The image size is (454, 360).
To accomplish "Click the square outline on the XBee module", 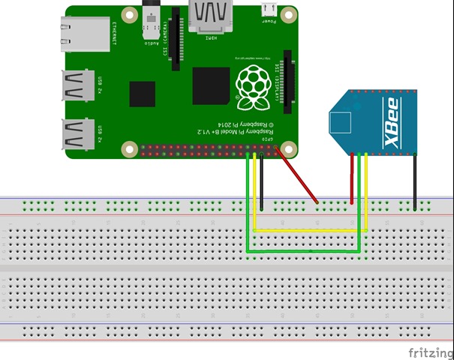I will [x=342, y=121].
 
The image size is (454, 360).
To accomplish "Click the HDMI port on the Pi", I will [x=212, y=17].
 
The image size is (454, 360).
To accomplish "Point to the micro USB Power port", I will [x=268, y=10].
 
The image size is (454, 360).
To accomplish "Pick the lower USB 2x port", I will [x=77, y=133].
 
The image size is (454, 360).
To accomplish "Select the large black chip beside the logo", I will [x=211, y=85].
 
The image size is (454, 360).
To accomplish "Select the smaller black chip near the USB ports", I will [x=142, y=94].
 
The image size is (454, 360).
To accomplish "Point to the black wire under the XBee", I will [x=416, y=180].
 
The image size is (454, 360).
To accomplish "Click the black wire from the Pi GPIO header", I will [x=262, y=180].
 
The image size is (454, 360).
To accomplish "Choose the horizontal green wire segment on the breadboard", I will [x=304, y=251].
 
